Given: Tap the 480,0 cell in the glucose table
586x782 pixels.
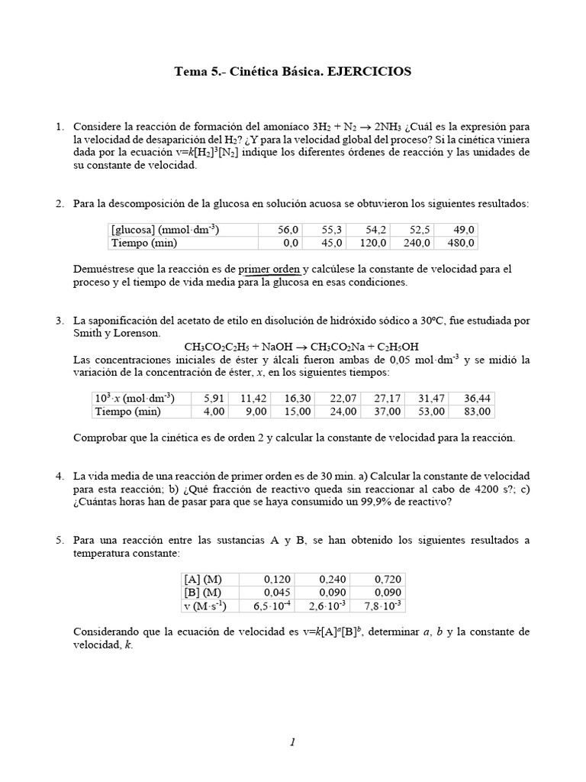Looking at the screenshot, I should (462, 243).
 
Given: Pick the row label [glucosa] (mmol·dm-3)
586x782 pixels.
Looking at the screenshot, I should (166, 229).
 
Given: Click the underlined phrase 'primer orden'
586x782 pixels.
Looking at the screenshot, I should (270, 269).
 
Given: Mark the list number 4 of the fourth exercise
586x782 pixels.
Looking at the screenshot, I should (60, 476).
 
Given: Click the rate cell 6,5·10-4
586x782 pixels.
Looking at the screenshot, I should (270, 606).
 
